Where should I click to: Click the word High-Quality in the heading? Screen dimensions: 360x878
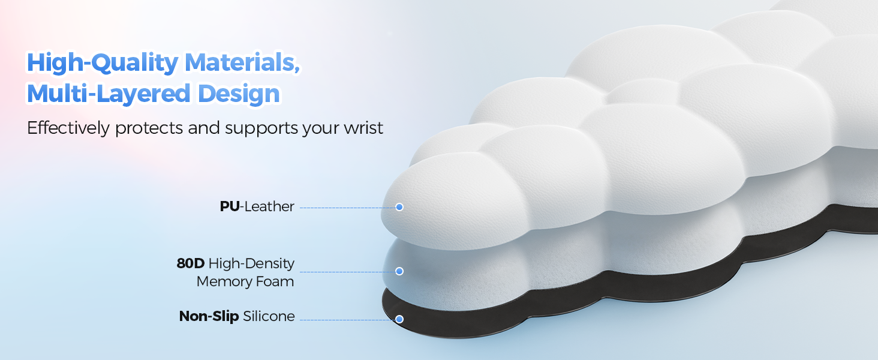(102, 63)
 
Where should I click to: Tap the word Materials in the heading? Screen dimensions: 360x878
(241, 63)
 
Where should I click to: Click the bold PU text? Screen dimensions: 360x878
(229, 207)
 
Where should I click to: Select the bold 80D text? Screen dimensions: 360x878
(190, 263)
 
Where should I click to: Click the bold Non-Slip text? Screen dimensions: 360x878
(208, 316)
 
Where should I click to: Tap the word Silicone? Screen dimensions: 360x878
(269, 316)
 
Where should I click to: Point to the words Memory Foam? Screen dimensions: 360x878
(245, 281)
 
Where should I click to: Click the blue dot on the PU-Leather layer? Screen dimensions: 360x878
(399, 207)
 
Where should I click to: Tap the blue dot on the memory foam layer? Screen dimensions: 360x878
(399, 271)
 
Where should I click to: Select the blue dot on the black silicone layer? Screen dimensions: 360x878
(399, 319)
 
